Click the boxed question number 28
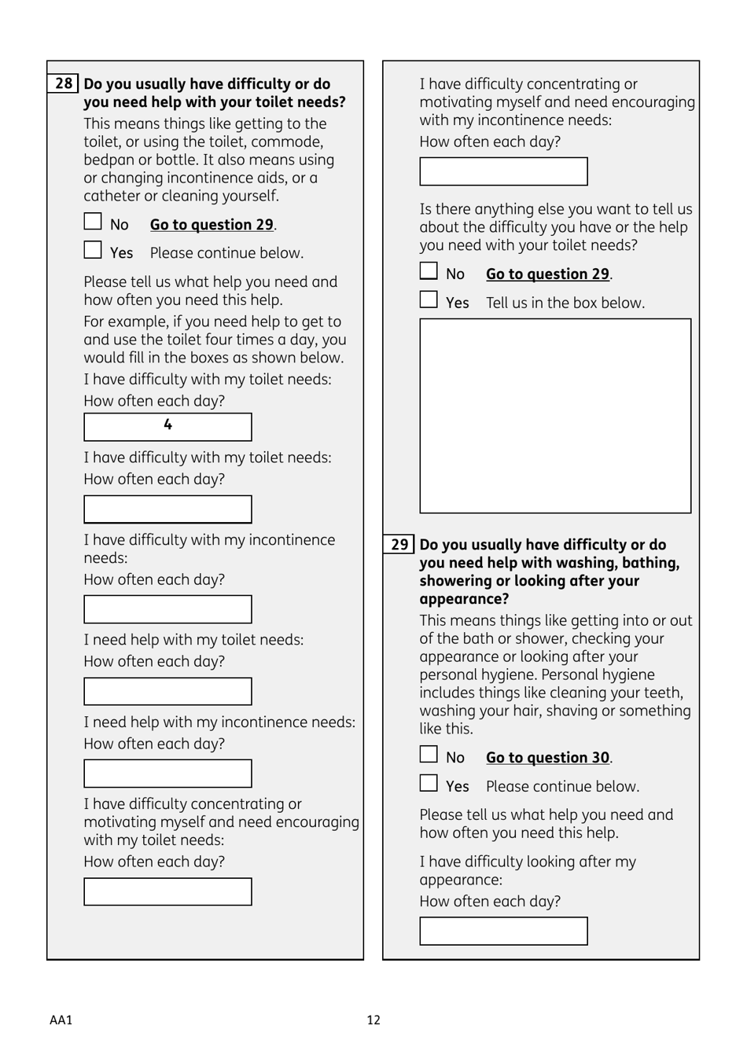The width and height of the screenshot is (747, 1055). (x=64, y=83)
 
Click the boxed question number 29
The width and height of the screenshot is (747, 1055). (x=399, y=544)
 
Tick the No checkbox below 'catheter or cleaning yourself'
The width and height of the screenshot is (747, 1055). (x=93, y=222)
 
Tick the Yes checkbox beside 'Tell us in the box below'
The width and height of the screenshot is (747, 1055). (x=429, y=300)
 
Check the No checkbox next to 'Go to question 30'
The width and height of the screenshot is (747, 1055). (x=429, y=755)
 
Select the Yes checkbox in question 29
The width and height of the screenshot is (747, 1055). (x=429, y=784)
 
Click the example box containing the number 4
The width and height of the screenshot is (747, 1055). (x=167, y=427)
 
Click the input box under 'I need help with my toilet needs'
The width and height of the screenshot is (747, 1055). (x=167, y=691)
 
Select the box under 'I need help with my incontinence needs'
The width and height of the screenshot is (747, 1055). (x=167, y=774)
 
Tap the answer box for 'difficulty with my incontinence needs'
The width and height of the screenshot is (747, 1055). (x=167, y=609)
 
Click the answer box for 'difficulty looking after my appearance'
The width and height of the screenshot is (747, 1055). (x=503, y=931)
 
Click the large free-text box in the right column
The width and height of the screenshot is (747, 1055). (x=555, y=416)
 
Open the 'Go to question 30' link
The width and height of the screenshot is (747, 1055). (x=547, y=758)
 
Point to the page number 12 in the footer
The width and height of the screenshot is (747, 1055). (x=373, y=1020)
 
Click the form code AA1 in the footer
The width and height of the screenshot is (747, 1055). (x=61, y=1020)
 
